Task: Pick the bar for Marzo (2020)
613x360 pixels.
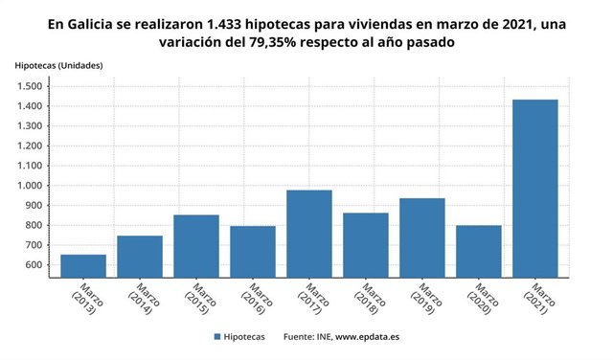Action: coord(479,252)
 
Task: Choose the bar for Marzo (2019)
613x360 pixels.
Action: coord(422,237)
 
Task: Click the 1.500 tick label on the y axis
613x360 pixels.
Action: coord(27,86)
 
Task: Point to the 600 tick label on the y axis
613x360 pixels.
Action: coord(32,265)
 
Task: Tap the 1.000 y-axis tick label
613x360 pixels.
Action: coord(27,186)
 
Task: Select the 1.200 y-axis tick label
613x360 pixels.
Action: coord(27,146)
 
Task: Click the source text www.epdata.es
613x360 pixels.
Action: coord(368,338)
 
